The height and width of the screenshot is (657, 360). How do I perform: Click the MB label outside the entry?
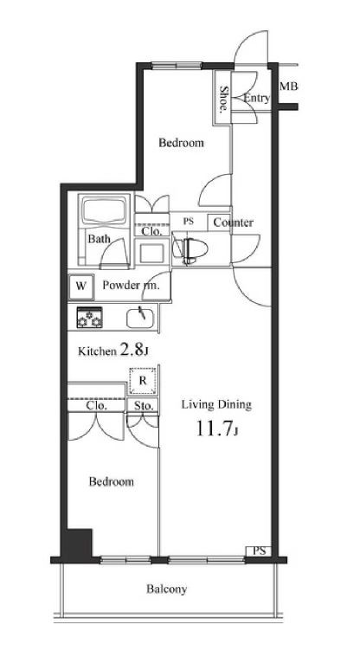coord(288,87)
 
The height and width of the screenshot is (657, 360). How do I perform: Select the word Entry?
coord(256,99)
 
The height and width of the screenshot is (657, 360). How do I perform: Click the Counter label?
coord(233,222)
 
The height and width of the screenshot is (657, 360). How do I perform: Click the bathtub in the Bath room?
coord(105,210)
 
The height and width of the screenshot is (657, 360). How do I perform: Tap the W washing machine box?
coord(81,287)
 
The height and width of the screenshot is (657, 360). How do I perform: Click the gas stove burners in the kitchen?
coord(89,317)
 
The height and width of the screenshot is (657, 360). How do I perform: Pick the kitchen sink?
coord(140,318)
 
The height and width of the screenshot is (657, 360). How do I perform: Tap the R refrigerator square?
coord(143,381)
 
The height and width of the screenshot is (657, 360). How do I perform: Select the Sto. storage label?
coord(143,406)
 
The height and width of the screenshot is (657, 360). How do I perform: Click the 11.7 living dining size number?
coord(214,429)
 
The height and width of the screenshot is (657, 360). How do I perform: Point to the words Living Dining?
coord(216,405)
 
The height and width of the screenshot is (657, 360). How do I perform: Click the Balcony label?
coord(166,589)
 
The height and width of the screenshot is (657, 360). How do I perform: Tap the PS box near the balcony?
coord(259,551)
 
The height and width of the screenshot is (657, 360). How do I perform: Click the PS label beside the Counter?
coord(188,222)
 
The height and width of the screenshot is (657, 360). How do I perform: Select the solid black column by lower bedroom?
coord(77,543)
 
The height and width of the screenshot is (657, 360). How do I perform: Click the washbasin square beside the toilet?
coord(151,254)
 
